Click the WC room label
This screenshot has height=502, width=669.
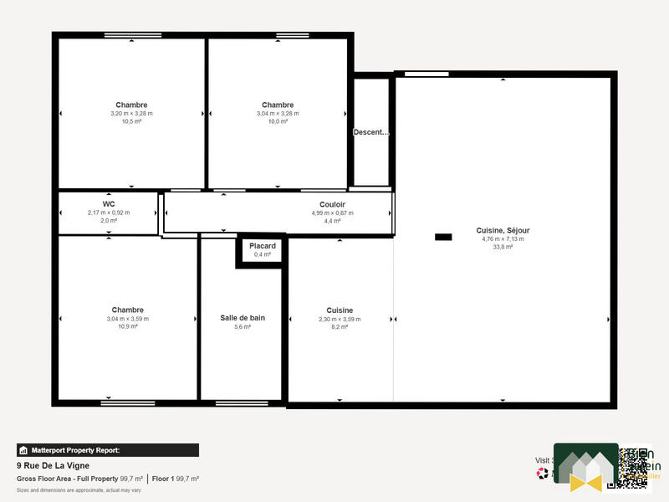point(109,204)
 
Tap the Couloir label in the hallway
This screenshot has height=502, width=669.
point(332,204)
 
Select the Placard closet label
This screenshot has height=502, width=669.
point(262,246)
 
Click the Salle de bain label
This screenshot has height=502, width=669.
point(243,318)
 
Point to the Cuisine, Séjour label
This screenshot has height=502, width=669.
point(503,230)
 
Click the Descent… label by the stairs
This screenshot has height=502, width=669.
point(371,132)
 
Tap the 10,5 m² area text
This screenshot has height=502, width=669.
point(131,121)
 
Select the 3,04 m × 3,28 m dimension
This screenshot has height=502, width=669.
point(278,113)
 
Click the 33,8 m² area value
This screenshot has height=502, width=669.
point(503,247)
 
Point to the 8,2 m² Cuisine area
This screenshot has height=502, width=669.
point(340,327)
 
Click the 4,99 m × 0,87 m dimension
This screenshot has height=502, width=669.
point(332,213)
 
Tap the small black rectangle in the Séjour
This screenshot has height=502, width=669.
point(443,237)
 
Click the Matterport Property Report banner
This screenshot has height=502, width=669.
point(108,450)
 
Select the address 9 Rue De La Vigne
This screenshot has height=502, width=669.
point(53,465)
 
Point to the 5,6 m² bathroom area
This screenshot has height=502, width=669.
point(243,327)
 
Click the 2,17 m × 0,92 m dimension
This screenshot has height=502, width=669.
point(109,213)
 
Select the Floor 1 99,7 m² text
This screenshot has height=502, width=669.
point(176,479)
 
